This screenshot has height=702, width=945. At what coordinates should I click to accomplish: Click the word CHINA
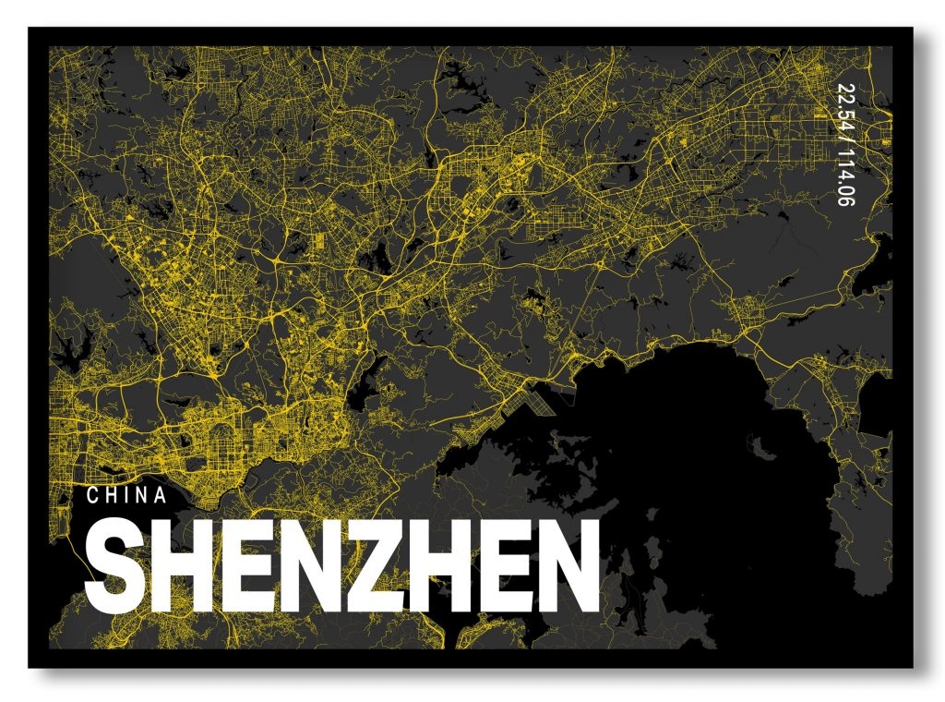[x=126, y=496]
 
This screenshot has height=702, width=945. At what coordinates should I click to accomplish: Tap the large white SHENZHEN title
[x=342, y=566]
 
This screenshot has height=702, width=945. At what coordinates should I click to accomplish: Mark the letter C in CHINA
[x=93, y=496]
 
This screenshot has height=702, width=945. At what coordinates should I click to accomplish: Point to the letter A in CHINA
[x=161, y=496]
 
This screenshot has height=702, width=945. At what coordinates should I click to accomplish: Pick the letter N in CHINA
[x=141, y=496]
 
